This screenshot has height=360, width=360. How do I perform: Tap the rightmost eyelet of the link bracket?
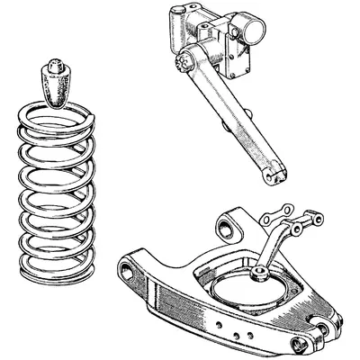315,218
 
